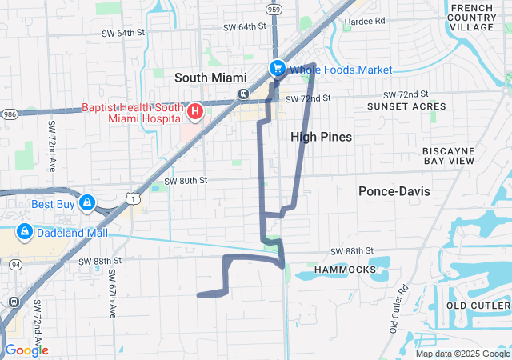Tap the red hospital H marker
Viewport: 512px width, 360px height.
(194, 110)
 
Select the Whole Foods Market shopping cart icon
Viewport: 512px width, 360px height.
(277, 69)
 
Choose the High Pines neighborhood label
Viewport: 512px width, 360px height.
(322, 137)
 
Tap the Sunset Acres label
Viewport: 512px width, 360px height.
(406, 106)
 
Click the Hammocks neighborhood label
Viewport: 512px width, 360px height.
(345, 270)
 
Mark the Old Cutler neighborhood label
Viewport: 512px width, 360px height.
(478, 306)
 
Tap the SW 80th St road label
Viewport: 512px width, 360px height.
(186, 181)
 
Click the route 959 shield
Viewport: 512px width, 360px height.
(274, 10)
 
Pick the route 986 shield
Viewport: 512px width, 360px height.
(9, 114)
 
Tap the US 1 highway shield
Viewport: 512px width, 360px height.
(137, 195)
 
